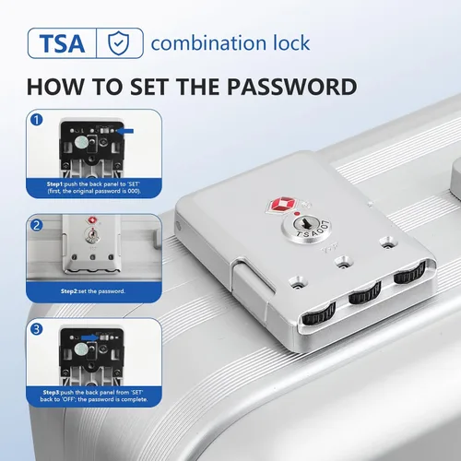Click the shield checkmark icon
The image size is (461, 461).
point(119,43)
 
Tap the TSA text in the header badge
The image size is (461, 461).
point(62,43)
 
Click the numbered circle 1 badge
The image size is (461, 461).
point(37,120)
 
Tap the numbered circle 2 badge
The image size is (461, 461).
point(37,225)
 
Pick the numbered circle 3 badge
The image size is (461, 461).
point(37,329)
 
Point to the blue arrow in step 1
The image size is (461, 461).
point(125,131)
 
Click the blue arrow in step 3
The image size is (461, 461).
point(89,337)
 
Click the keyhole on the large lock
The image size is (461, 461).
point(306,224)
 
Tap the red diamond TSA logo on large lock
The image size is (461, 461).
point(283,205)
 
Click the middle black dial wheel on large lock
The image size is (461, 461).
point(365,293)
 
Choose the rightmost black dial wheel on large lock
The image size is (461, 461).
point(410,272)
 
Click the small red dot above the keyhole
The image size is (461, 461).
point(297,214)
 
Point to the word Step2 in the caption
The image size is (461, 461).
point(69,291)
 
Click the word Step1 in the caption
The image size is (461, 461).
point(55,184)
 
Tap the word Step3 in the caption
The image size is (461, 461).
point(52,392)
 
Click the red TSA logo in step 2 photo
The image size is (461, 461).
point(91,220)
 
